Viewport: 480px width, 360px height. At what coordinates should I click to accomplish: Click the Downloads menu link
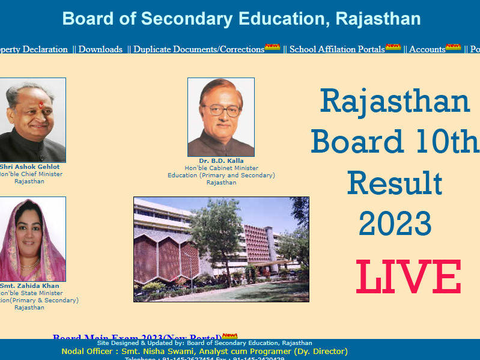[100, 49]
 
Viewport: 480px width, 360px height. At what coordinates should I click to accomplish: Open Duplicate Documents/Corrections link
[198, 49]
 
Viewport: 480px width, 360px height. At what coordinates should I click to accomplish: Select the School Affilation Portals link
[336, 49]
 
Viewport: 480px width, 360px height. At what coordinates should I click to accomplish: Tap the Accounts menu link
[427, 49]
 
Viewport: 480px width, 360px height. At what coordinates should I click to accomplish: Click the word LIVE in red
[409, 277]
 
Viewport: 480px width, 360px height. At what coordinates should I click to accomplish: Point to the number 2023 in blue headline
[395, 224]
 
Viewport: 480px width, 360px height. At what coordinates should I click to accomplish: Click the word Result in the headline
[395, 183]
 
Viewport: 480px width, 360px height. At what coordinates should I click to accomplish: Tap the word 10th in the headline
[445, 142]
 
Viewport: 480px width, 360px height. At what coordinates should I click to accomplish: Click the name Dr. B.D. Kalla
[221, 161]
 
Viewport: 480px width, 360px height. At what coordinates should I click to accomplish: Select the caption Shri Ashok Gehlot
[29, 166]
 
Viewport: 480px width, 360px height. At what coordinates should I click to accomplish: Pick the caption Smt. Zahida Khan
[29, 285]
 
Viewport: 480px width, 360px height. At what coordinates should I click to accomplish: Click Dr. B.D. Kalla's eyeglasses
[221, 110]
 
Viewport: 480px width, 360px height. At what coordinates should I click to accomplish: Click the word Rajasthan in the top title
[378, 19]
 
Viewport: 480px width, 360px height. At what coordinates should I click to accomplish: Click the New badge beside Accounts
[453, 47]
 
